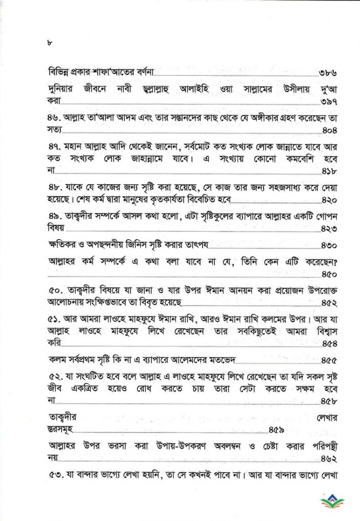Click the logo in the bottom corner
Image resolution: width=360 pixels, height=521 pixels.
pyautogui.click(x=332, y=501)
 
